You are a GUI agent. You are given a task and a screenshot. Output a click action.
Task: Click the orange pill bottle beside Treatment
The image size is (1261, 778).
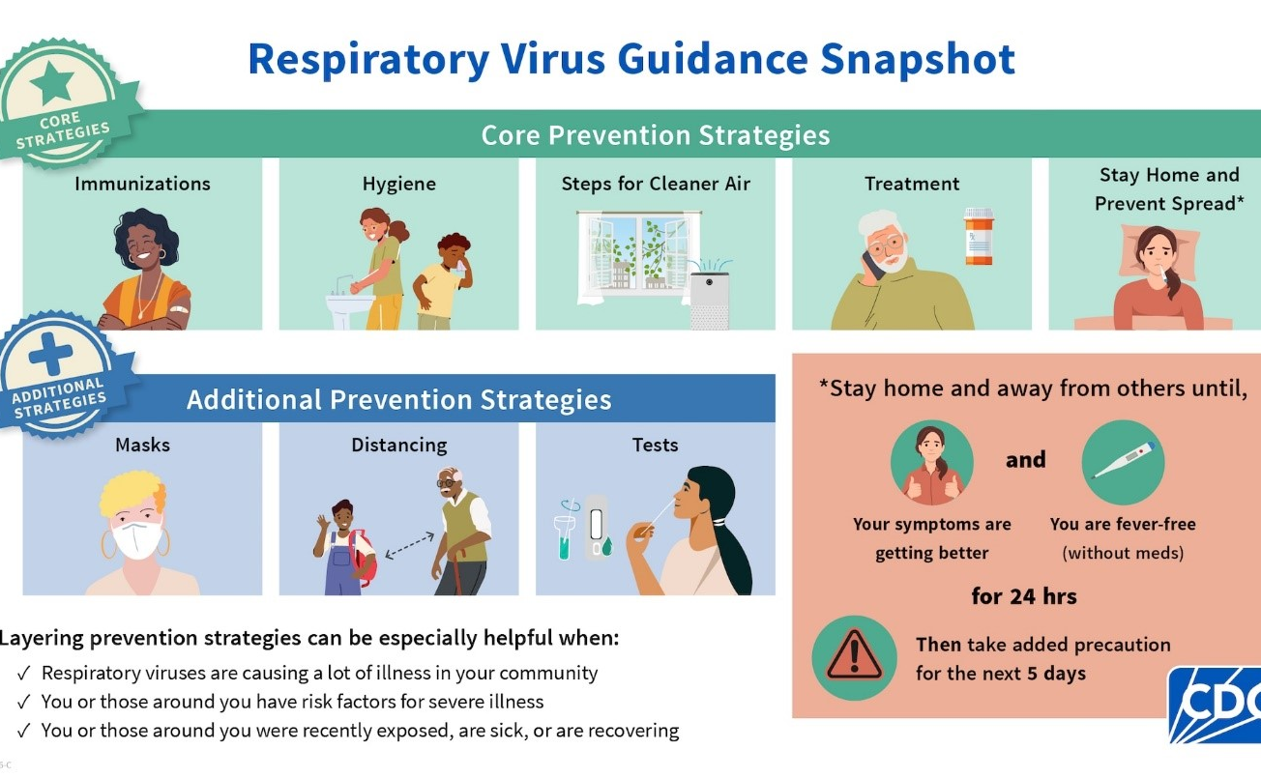979,237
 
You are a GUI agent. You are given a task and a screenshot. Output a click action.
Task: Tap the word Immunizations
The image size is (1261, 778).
142,184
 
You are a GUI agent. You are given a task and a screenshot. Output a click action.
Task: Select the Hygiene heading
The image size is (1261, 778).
398,184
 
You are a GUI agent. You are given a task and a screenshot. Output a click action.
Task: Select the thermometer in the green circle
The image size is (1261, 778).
1123,461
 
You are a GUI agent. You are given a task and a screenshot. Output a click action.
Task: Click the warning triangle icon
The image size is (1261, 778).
854,657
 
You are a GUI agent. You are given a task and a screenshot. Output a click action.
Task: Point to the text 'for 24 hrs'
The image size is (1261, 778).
1024,596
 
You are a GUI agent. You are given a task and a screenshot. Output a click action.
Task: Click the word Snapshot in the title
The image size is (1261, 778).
918,59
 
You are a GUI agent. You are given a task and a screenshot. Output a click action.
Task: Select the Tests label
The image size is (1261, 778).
655,445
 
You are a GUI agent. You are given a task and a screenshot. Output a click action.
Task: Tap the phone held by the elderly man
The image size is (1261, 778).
872,262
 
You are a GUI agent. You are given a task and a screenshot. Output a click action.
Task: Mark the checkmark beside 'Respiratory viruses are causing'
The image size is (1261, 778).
23,673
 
